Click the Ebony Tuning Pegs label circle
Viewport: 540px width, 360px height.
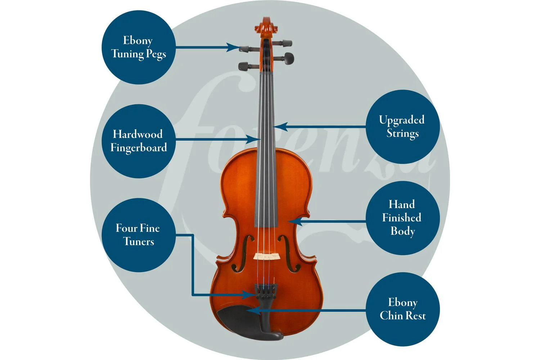point(139,47)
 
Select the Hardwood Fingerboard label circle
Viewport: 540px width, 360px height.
point(139,141)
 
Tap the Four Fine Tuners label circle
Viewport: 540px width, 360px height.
point(139,235)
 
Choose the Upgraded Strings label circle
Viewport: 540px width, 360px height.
point(402,127)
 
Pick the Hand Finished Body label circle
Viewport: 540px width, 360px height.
point(402,218)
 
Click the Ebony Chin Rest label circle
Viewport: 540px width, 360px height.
point(402,309)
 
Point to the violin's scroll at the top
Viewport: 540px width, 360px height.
point(266,27)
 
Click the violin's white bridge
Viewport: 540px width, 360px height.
point(267,256)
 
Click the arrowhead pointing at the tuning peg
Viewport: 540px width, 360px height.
point(233,47)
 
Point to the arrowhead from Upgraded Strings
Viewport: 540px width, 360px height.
point(280,127)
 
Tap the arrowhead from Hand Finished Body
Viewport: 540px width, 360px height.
point(295,221)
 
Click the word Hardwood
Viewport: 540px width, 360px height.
point(138,134)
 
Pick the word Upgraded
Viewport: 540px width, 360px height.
point(402,120)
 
